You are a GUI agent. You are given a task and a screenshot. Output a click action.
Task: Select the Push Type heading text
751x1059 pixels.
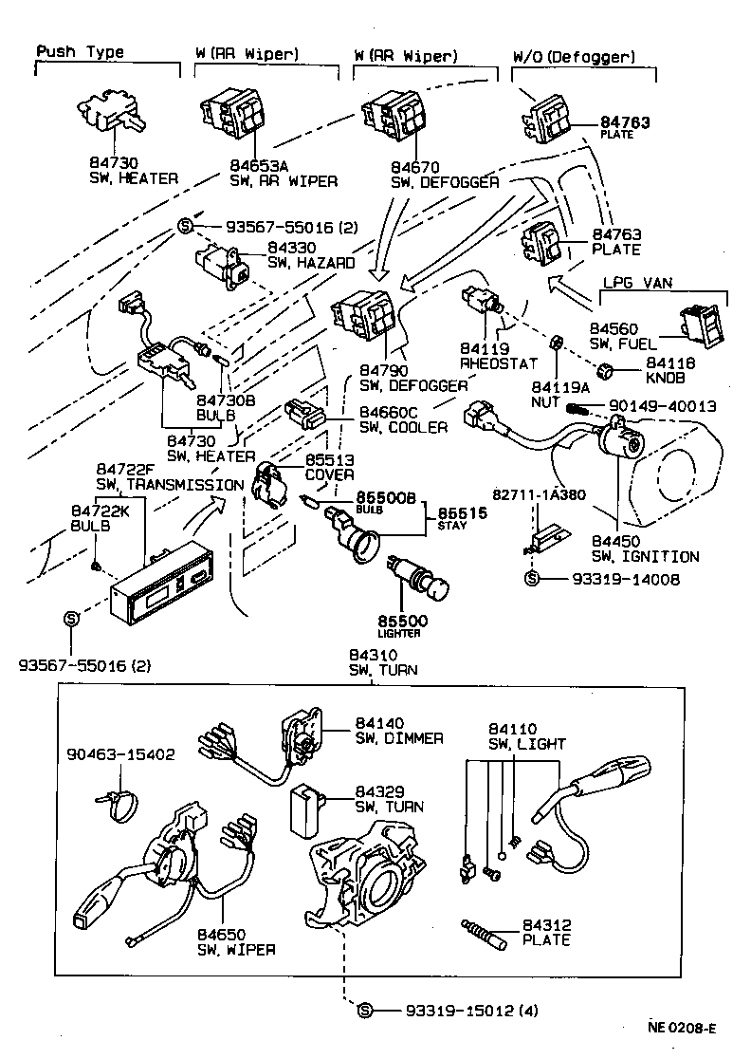click(81, 52)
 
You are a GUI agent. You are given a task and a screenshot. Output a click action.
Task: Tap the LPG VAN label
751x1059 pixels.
click(638, 283)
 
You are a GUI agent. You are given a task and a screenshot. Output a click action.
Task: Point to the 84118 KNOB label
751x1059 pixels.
click(669, 370)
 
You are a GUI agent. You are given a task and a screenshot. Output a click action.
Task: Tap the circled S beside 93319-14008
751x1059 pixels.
click(531, 578)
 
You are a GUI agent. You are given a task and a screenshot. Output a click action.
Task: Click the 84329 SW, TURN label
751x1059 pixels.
click(389, 799)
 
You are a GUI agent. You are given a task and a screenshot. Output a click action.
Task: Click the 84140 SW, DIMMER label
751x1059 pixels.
click(398, 730)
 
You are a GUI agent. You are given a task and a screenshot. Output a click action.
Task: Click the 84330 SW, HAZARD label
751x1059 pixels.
click(312, 255)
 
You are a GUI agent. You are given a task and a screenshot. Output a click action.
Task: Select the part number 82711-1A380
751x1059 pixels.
click(540, 494)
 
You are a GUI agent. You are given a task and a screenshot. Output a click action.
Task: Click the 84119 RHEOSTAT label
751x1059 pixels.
click(499, 356)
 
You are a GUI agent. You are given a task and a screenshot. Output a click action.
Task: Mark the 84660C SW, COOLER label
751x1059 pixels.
click(403, 419)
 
